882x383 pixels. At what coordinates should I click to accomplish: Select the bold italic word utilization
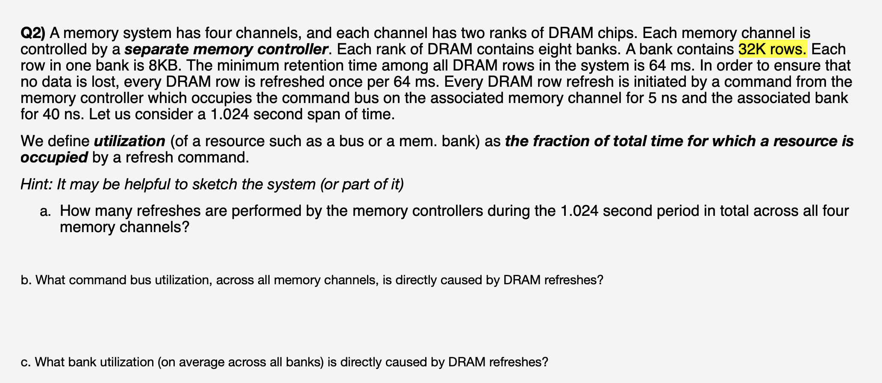click(129, 141)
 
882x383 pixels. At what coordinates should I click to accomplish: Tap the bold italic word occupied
click(54, 157)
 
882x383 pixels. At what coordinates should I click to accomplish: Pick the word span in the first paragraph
click(315, 115)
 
